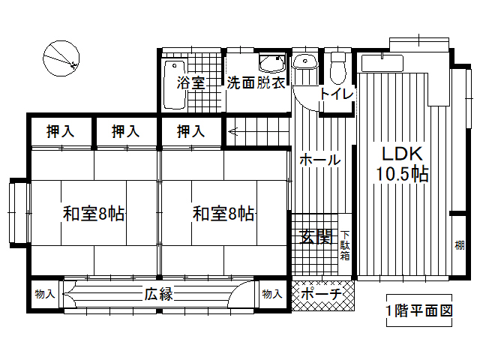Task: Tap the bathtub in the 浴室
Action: point(175,85)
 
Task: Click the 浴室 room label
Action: point(190,82)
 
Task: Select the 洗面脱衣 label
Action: point(256,82)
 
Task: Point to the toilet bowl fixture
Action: point(338,68)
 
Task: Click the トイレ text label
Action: point(337,94)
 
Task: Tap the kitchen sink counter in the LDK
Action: point(382,63)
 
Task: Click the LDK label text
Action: point(402,154)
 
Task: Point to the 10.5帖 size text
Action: point(402,174)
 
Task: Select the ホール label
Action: point(320,160)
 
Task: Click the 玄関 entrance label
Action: point(316,237)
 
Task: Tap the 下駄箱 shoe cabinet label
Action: point(345,245)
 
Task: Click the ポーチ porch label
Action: point(321,294)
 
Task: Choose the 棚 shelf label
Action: point(459,245)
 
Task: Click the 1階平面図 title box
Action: point(419,310)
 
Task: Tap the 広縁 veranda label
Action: point(159,294)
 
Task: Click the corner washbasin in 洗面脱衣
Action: point(272,64)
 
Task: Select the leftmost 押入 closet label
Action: point(60,131)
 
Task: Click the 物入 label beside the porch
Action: point(272,294)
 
